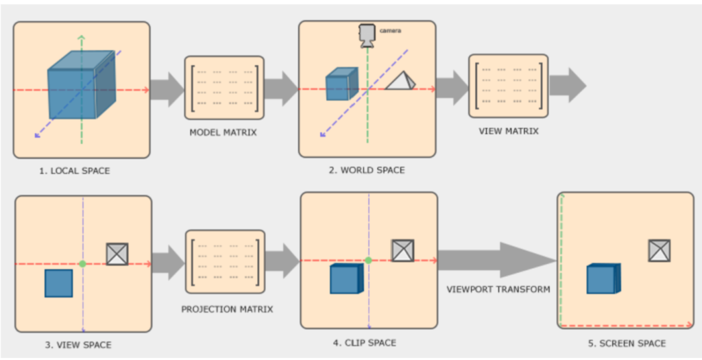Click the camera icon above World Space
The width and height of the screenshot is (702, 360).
click(x=367, y=34)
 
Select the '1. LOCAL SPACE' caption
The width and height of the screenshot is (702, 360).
click(x=74, y=171)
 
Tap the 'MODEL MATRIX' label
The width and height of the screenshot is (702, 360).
click(x=223, y=132)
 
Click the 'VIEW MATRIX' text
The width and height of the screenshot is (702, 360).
click(x=509, y=130)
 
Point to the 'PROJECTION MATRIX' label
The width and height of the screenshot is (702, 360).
click(x=227, y=309)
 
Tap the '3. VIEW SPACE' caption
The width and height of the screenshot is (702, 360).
click(x=78, y=344)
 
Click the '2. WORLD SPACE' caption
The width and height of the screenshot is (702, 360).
click(x=366, y=170)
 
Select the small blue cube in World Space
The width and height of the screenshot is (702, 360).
click(x=341, y=84)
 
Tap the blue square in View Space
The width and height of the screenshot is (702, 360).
click(x=59, y=283)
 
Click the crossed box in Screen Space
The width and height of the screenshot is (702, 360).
click(x=659, y=250)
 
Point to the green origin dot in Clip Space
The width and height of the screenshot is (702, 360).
click(x=368, y=261)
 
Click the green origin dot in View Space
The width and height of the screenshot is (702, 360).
click(x=82, y=263)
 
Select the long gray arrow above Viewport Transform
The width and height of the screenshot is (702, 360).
click(x=497, y=261)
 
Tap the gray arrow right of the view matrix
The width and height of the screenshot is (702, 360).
click(x=567, y=86)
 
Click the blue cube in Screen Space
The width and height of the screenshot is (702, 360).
click(x=603, y=278)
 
